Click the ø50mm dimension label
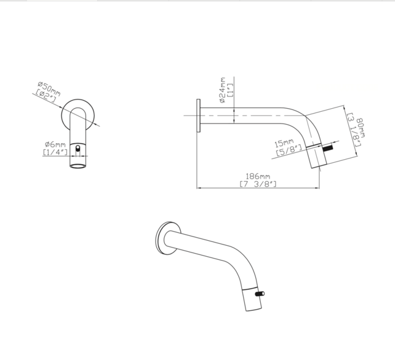[49, 87]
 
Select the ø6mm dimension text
[54, 145]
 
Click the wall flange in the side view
[199, 115]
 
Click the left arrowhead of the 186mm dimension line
[198, 187]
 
